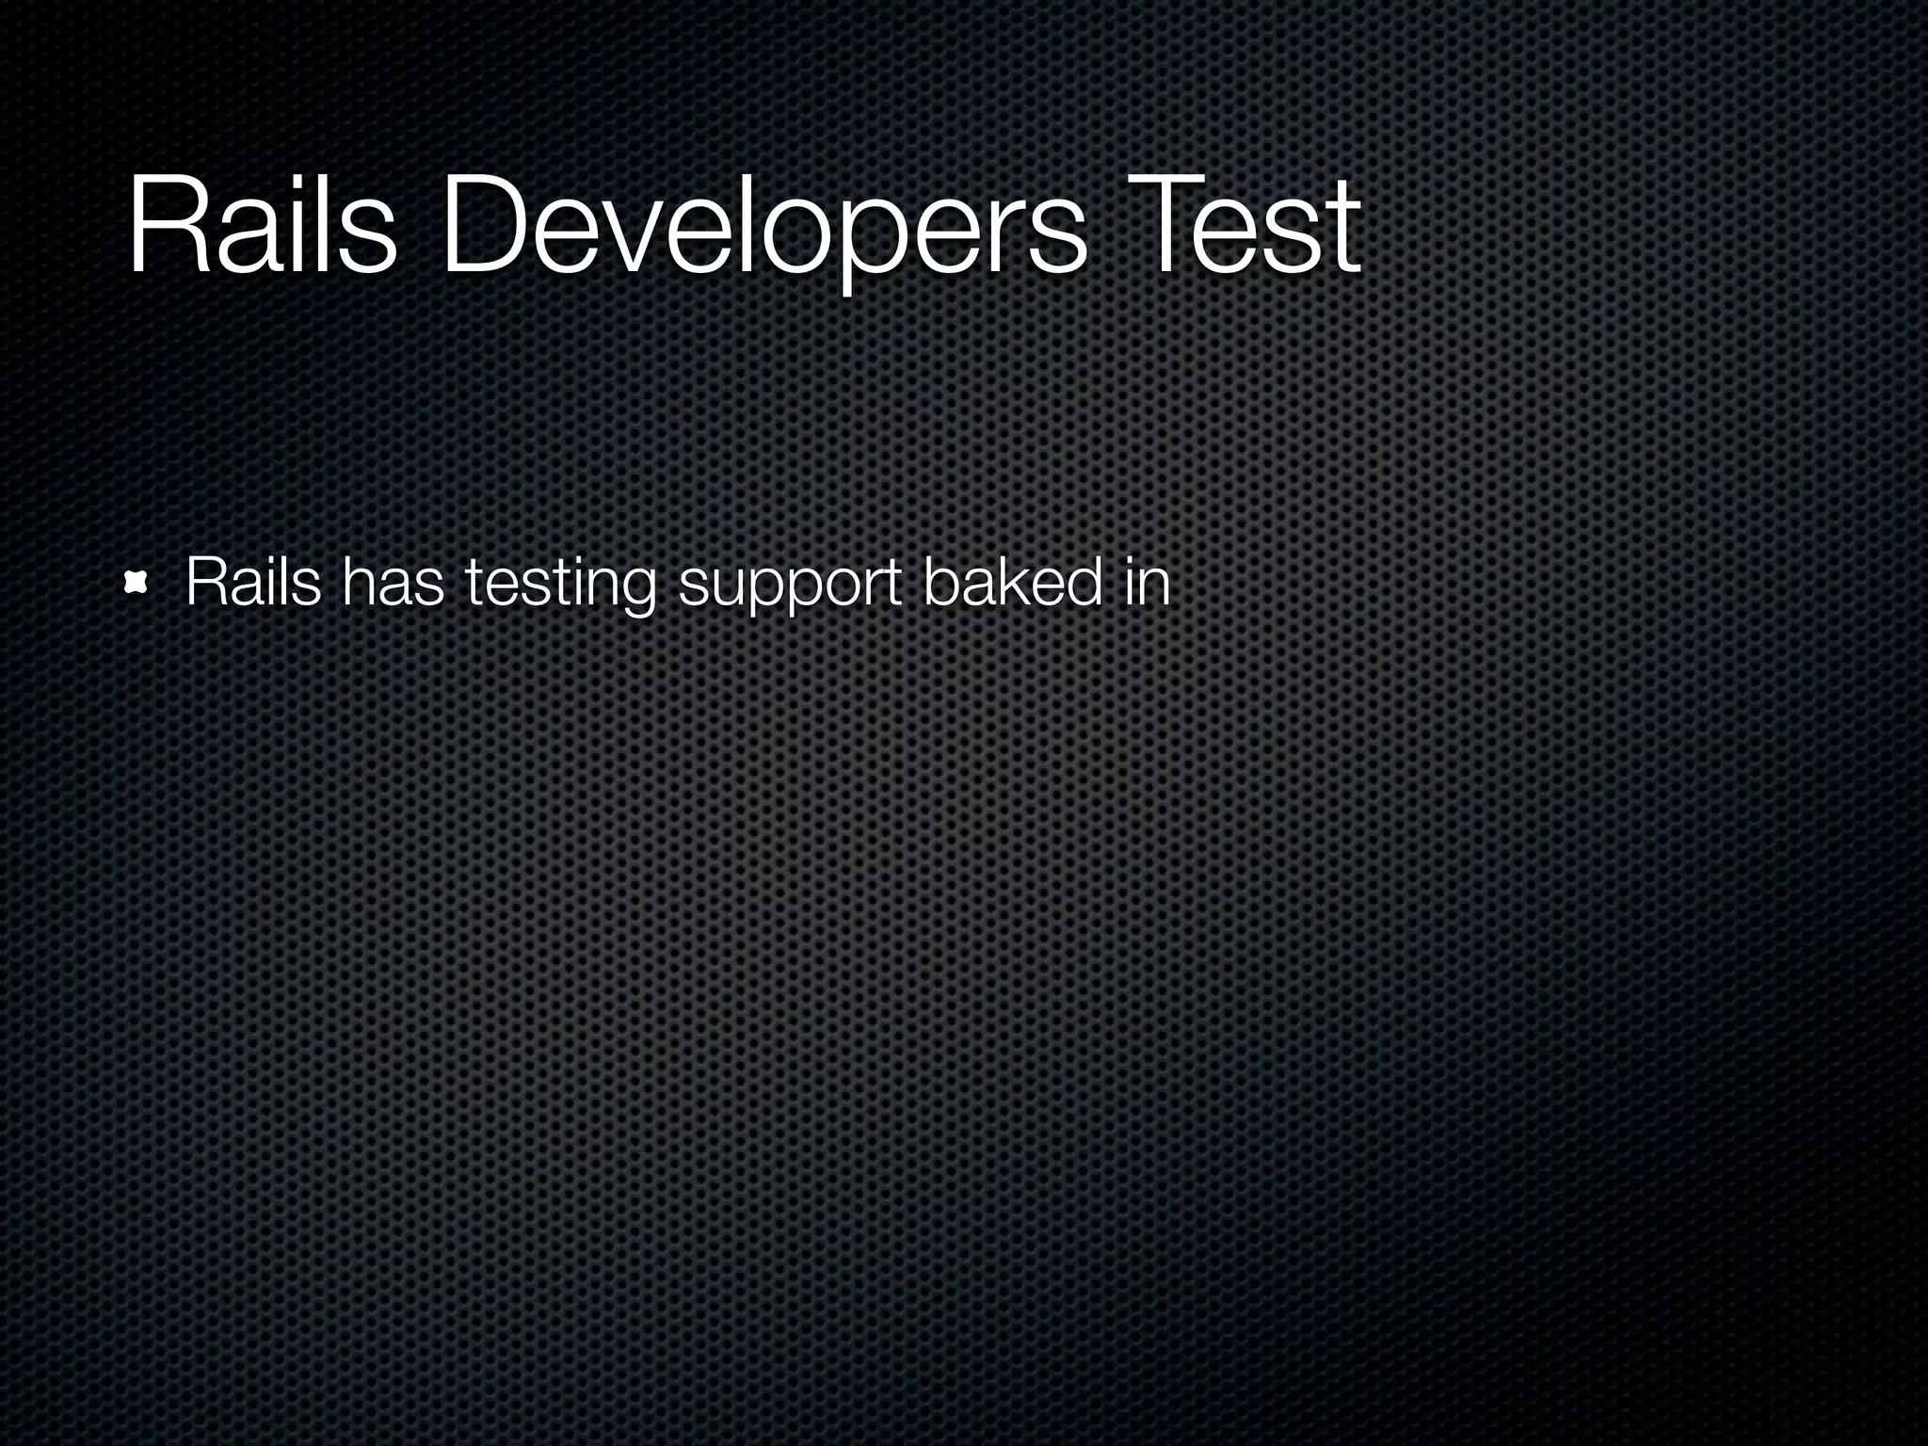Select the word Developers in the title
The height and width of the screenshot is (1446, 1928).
[763, 226]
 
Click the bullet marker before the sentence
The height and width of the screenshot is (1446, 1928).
[137, 585]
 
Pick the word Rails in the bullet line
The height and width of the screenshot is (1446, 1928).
[253, 583]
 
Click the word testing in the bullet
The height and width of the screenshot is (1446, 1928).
[561, 583]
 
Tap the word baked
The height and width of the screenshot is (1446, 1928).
[1012, 583]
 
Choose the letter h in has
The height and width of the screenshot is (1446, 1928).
[359, 583]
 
